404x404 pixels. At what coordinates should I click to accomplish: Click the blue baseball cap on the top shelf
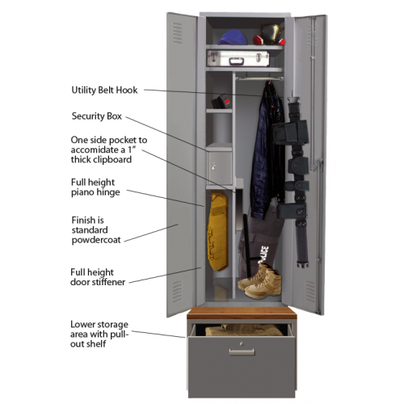pyautogui.click(x=231, y=37)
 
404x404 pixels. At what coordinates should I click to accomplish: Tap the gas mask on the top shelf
pyautogui.click(x=270, y=34)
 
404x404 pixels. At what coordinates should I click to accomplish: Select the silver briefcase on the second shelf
pyautogui.click(x=238, y=58)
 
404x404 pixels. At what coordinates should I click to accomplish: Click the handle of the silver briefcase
pyautogui.click(x=237, y=61)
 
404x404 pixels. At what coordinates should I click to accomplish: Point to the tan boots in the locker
pyautogui.click(x=260, y=280)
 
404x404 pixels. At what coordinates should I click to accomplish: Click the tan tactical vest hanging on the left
pyautogui.click(x=217, y=231)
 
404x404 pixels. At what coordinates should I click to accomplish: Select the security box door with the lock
pyautogui.click(x=221, y=167)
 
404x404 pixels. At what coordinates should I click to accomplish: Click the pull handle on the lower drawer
pyautogui.click(x=242, y=351)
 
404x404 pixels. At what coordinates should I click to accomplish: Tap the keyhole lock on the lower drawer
pyautogui.click(x=242, y=343)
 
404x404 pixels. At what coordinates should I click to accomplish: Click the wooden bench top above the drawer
pyautogui.click(x=242, y=313)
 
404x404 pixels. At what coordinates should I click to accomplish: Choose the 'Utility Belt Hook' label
pyautogui.click(x=104, y=90)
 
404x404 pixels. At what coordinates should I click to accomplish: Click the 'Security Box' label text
pyautogui.click(x=97, y=116)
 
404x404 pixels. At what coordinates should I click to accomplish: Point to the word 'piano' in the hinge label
pyautogui.click(x=82, y=192)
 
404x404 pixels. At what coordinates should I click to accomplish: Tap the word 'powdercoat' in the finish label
pyautogui.click(x=96, y=240)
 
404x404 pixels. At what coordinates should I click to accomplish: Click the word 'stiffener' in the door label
pyautogui.click(x=108, y=282)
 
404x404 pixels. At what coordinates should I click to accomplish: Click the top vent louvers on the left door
pyautogui.click(x=177, y=33)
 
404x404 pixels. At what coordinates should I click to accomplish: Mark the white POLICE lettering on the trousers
pyautogui.click(x=263, y=255)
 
